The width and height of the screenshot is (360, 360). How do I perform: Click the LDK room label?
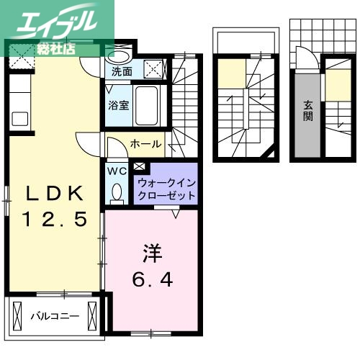click(x=55, y=194)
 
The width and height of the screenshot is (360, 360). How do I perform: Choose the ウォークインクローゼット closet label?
click(x=165, y=189)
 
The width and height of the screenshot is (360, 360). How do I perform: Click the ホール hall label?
click(x=145, y=144)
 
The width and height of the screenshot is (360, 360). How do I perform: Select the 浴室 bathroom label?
click(x=119, y=105)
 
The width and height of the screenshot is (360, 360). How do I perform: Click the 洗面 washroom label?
click(x=121, y=71)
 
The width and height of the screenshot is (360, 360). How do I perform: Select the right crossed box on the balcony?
click(x=91, y=315)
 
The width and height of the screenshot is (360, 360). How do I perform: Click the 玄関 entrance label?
click(x=307, y=109)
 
